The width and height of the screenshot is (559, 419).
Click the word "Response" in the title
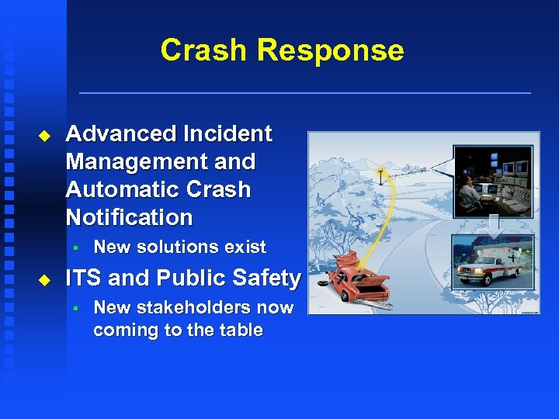pos(331,50)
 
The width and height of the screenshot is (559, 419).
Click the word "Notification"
pos(129,217)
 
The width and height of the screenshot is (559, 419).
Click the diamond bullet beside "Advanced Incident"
pos(43,135)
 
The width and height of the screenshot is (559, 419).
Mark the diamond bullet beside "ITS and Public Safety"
pos(43,279)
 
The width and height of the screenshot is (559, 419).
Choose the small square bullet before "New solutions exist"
pos(76,248)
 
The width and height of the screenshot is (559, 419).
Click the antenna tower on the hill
pos(380,175)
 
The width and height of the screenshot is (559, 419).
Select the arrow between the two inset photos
pos(494,227)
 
